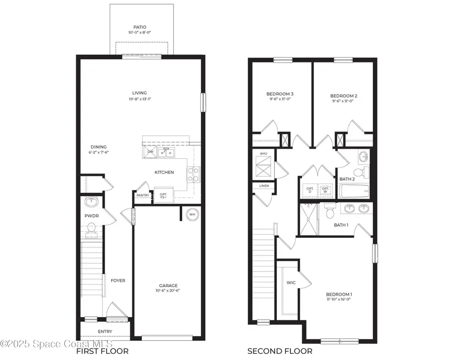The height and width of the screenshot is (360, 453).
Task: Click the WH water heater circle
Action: point(192,214)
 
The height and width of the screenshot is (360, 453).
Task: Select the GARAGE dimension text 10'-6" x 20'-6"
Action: point(169,292)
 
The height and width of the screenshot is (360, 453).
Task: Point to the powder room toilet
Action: point(92,229)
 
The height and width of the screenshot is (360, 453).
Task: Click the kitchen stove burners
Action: point(193,174)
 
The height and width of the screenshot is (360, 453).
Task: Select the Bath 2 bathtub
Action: point(355,192)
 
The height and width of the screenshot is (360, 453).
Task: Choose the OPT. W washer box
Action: point(325,190)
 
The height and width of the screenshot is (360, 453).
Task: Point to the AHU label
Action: point(264,153)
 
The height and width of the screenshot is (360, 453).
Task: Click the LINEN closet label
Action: point(264,186)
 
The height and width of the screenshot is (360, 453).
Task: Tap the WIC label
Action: point(291,283)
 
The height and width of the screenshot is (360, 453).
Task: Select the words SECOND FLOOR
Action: point(279,351)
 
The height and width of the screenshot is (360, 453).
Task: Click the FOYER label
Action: point(118,281)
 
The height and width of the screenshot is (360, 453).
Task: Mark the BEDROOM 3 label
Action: point(280,94)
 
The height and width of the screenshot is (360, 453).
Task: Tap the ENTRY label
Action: point(105,331)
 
